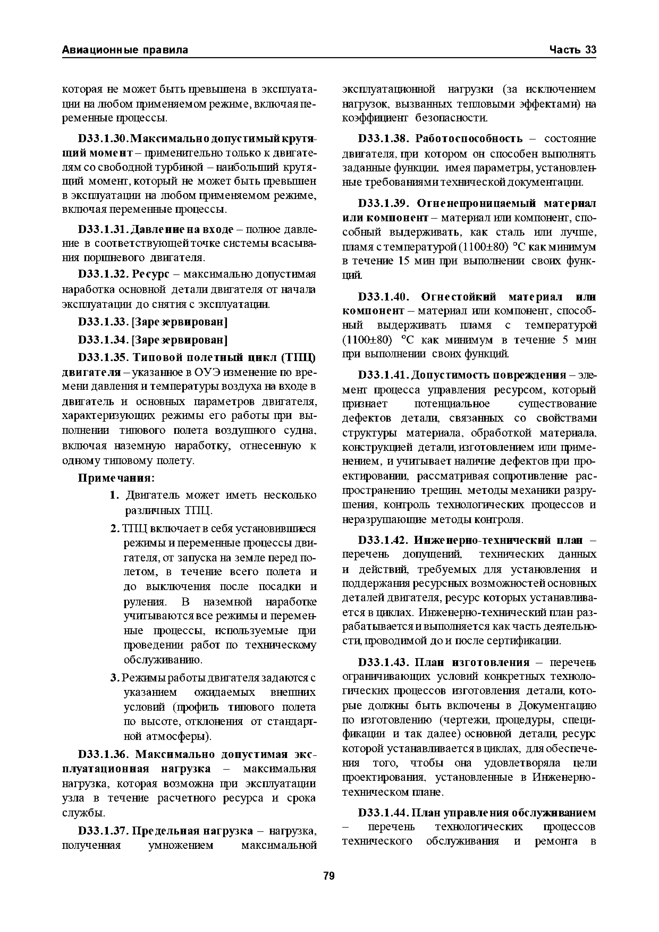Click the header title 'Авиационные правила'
pyautogui.click(x=125, y=50)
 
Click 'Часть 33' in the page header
pyautogui.click(x=573, y=50)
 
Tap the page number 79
pyautogui.click(x=329, y=876)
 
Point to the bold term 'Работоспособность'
pyautogui.click(x=469, y=139)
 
